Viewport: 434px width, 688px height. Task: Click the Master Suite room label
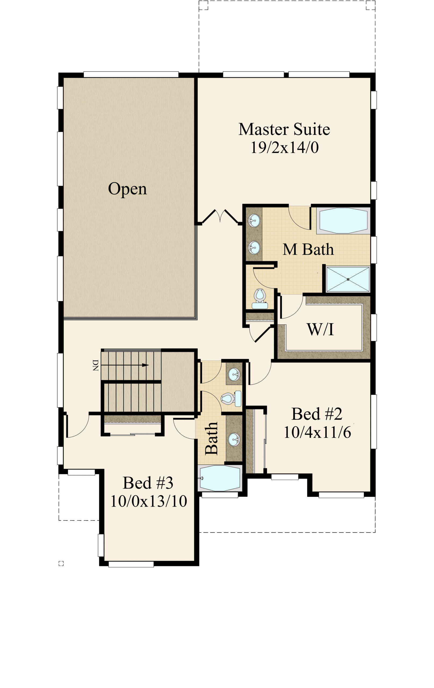(x=284, y=129)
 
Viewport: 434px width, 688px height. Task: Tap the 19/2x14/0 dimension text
(x=285, y=148)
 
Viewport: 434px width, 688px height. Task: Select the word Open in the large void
(x=127, y=189)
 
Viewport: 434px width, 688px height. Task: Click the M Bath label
(x=308, y=249)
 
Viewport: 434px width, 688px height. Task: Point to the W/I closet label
(x=320, y=329)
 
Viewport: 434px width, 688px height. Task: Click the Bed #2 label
(x=317, y=414)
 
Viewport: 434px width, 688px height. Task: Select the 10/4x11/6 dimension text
(x=317, y=432)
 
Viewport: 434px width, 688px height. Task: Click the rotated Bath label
(x=211, y=439)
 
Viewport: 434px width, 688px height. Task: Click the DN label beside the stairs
(x=95, y=365)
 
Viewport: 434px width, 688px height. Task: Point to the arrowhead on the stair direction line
(x=145, y=365)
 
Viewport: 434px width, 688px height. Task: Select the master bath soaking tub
(x=343, y=221)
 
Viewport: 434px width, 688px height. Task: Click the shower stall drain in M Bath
(x=348, y=279)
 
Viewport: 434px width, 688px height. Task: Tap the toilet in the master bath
(x=260, y=299)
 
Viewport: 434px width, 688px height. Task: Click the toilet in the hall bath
(x=231, y=398)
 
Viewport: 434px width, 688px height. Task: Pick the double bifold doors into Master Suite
(x=220, y=216)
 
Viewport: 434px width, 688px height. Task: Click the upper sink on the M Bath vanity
(x=254, y=221)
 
